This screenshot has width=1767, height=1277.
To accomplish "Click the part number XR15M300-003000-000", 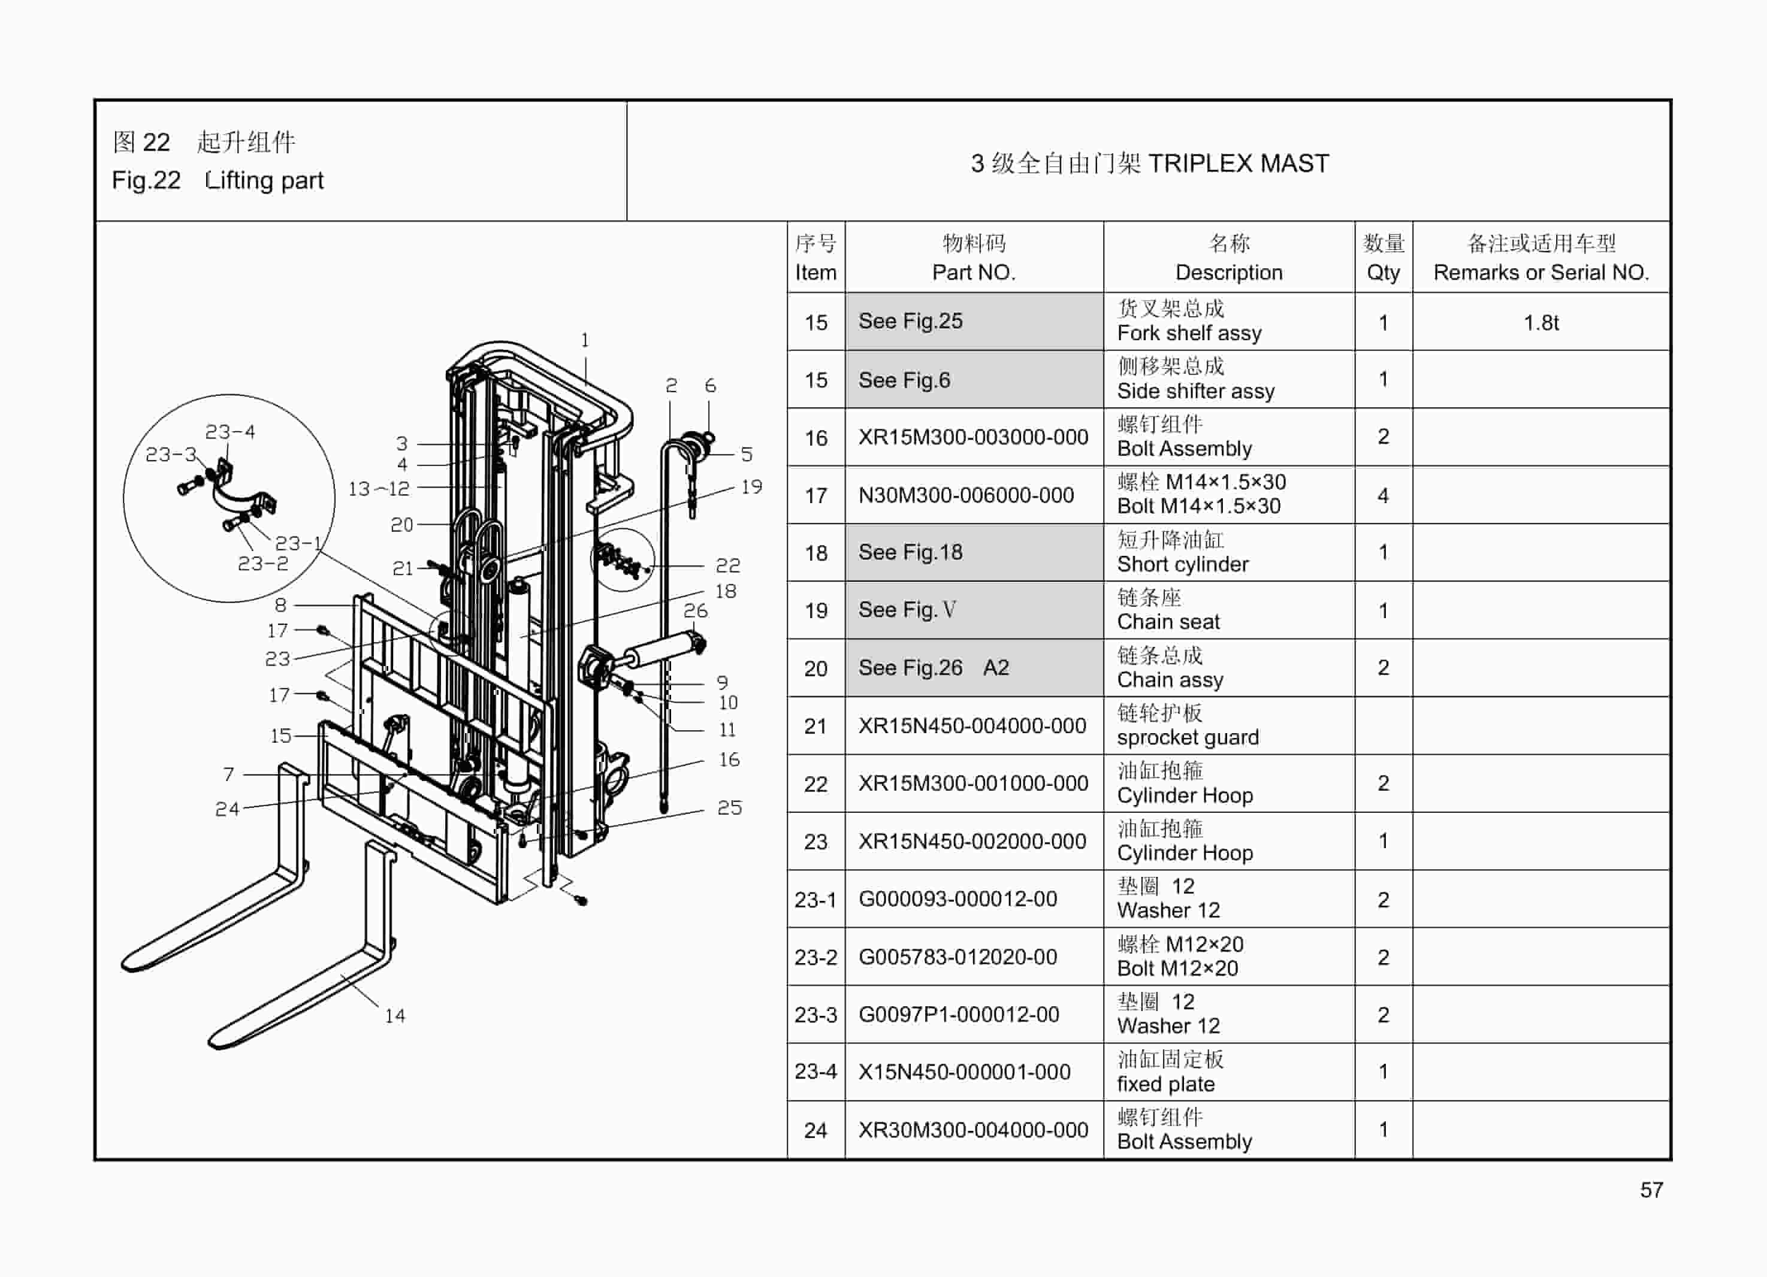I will point(972,437).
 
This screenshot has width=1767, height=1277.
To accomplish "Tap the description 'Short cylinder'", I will point(1182,564).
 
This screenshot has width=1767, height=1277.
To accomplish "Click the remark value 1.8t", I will point(1541,322).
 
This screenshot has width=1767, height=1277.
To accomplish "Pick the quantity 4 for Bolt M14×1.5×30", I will point(1383,495).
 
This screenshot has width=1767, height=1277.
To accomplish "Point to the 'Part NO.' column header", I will point(973,273).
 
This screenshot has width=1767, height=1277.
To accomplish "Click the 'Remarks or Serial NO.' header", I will point(1541,273).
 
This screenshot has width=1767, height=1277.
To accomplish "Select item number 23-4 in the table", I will point(815,1072).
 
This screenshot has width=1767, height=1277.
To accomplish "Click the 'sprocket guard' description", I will point(1188,737).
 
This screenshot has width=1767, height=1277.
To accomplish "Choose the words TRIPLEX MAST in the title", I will point(1238,164).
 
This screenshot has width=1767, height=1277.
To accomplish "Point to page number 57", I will point(1651,1190).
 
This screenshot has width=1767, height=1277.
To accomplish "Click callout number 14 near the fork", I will point(395,1015).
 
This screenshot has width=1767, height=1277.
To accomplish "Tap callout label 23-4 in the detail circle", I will point(230,431).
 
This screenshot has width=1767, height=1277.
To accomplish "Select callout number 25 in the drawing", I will point(729,807).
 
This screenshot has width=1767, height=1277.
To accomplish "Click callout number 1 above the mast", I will point(585,340).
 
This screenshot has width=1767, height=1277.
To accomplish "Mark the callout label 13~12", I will point(378,488).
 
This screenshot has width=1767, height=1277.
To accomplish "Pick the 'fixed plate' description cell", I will point(1165,1084).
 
